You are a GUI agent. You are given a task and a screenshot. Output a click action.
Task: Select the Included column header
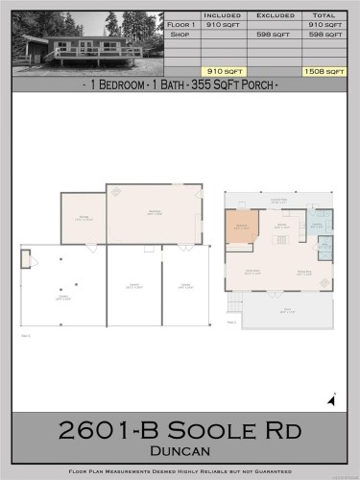tap(223, 16)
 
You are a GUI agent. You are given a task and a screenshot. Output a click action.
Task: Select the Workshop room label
tap(154, 211)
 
